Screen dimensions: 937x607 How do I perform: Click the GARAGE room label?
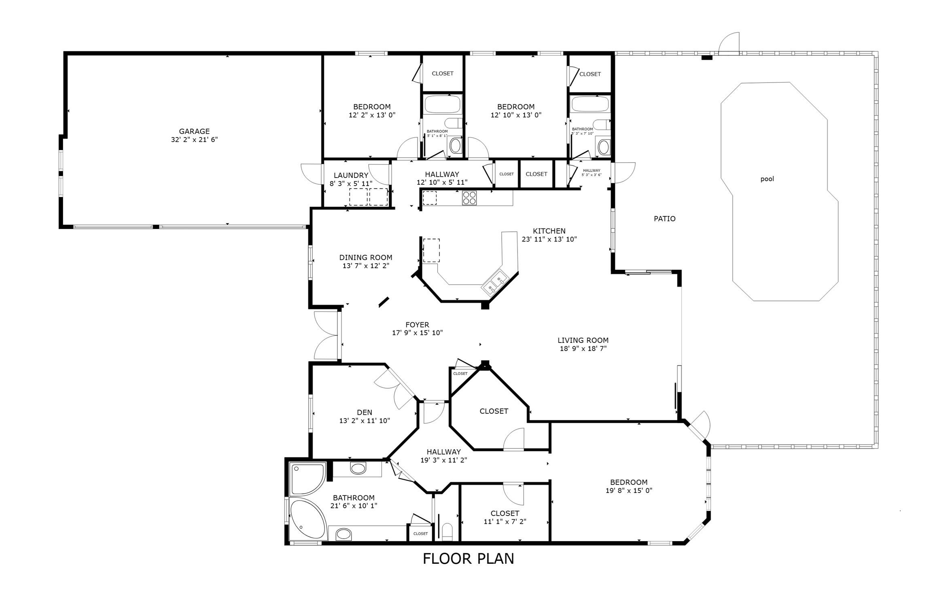click(x=194, y=131)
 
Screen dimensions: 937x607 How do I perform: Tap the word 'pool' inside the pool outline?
click(x=767, y=179)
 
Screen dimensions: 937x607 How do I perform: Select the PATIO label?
click(x=665, y=219)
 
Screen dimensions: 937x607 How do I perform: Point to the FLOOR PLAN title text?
click(x=468, y=558)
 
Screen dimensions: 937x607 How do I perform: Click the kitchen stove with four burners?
click(x=469, y=198)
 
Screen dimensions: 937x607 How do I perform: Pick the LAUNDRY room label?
click(x=351, y=176)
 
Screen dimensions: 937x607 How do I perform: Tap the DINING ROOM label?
click(x=366, y=258)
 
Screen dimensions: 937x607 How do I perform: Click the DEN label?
click(x=365, y=412)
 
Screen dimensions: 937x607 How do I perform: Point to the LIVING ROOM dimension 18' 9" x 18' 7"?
click(x=583, y=349)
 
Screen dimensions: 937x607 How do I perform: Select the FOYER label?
click(x=417, y=325)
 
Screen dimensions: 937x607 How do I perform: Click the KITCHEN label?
click(x=549, y=231)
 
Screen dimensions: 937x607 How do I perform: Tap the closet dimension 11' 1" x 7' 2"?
click(x=505, y=522)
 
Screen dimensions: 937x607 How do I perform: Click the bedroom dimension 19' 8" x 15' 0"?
click(x=629, y=491)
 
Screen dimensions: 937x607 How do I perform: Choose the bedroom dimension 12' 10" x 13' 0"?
click(x=516, y=115)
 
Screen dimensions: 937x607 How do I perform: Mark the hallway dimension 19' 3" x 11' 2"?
click(x=444, y=460)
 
